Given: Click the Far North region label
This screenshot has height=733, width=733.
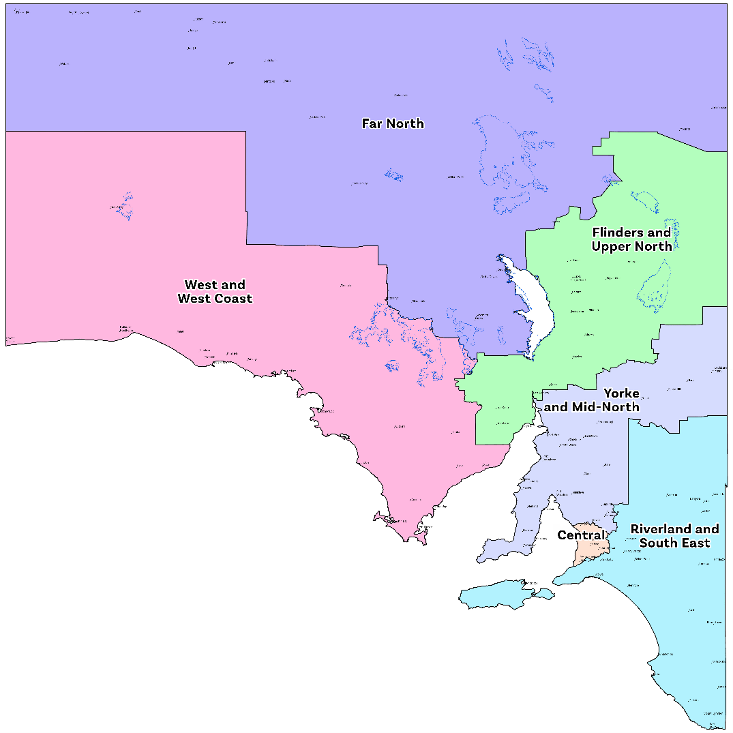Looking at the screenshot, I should (393, 123).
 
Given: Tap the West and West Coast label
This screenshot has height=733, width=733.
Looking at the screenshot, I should (215, 291).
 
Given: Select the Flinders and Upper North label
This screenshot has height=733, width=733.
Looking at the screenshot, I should (631, 239).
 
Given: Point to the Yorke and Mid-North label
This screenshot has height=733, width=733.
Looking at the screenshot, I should (592, 400).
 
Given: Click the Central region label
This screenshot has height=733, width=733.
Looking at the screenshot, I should (581, 535).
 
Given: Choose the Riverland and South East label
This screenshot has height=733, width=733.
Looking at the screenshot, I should (674, 536).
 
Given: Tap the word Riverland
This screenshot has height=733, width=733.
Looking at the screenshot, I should (661, 529).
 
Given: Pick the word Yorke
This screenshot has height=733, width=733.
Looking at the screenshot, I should (621, 393).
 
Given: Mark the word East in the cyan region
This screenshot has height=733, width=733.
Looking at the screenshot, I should (693, 543).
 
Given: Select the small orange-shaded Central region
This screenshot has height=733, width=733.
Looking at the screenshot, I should (589, 545).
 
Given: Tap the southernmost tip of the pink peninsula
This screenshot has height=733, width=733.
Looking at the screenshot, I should (409, 541).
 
